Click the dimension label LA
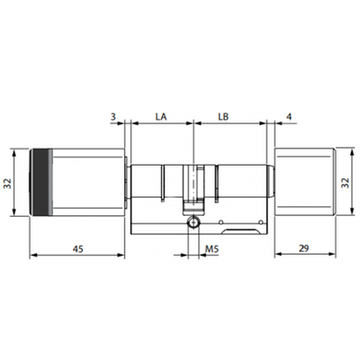161,116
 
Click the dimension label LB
223,116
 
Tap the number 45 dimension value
78,248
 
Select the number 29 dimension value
304,248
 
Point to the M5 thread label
212,248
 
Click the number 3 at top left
112,116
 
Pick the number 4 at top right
289,116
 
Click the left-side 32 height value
7,184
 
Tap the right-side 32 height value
346,183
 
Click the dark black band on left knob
40,182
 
